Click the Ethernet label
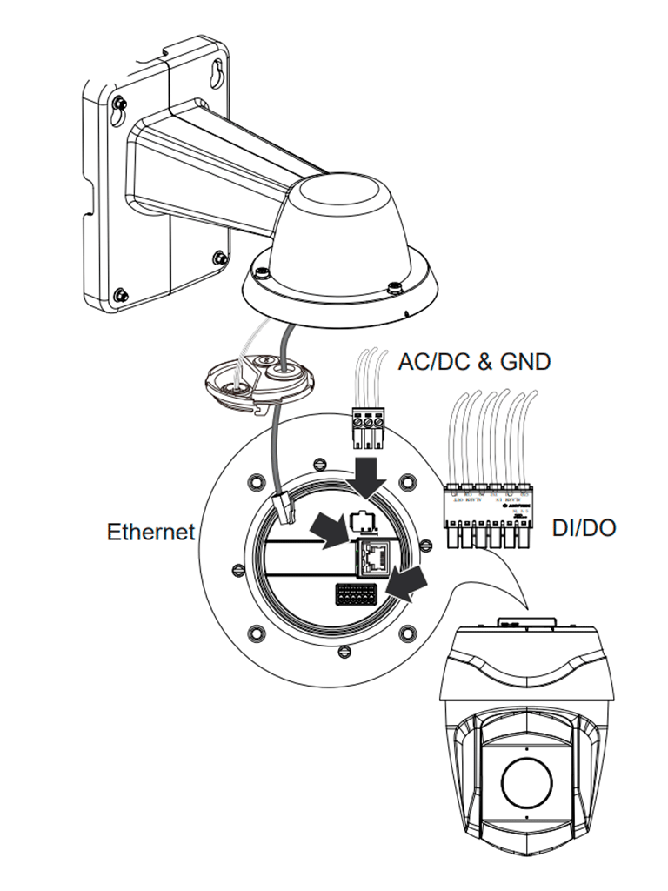pyautogui.click(x=150, y=531)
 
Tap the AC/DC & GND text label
pyautogui.click(x=474, y=361)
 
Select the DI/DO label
pyautogui.click(x=584, y=527)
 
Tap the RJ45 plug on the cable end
pyautogui.click(x=285, y=506)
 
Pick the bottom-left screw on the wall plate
pyautogui.click(x=121, y=294)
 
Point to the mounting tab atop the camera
pyautogui.click(x=525, y=625)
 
